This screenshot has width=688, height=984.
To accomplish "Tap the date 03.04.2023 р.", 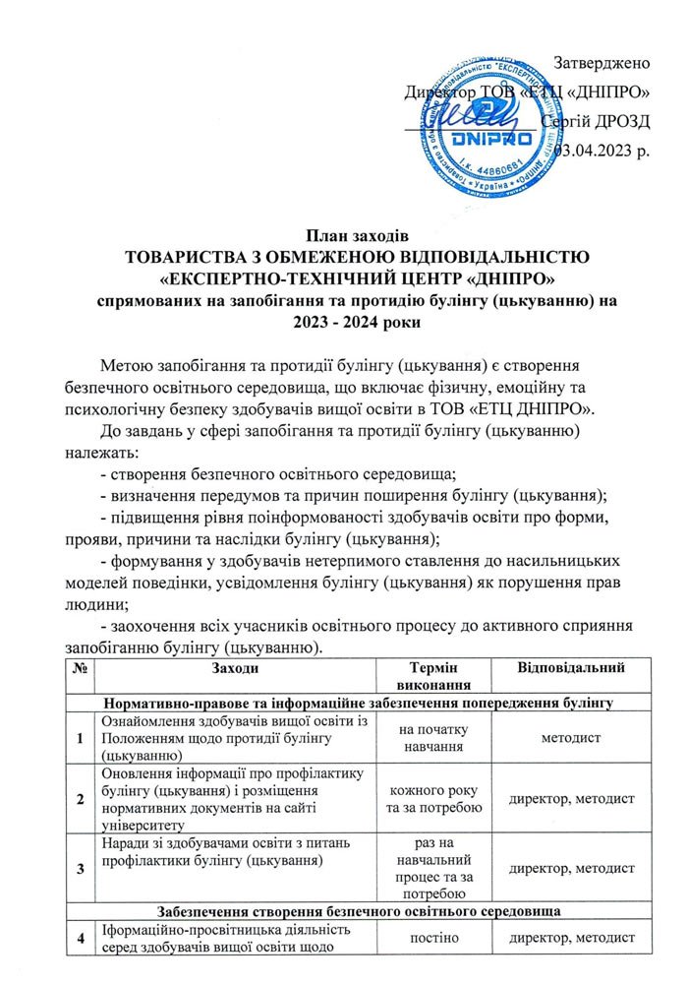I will coord(602,151).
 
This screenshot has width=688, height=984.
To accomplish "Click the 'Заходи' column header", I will coord(235,669).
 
